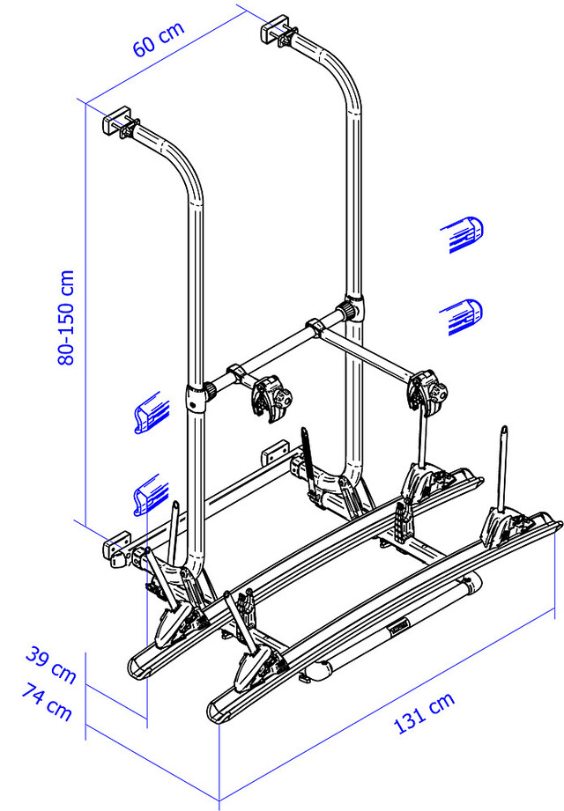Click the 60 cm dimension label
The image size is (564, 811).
(x=159, y=39)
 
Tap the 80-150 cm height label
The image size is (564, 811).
(x=66, y=318)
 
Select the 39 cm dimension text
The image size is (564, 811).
(x=51, y=664)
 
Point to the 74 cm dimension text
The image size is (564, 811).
(x=47, y=702)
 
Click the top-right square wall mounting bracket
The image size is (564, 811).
(x=274, y=30)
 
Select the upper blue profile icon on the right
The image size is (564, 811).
(x=462, y=234)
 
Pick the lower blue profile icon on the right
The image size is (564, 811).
(x=462, y=316)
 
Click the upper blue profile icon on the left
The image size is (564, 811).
(x=152, y=412)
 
